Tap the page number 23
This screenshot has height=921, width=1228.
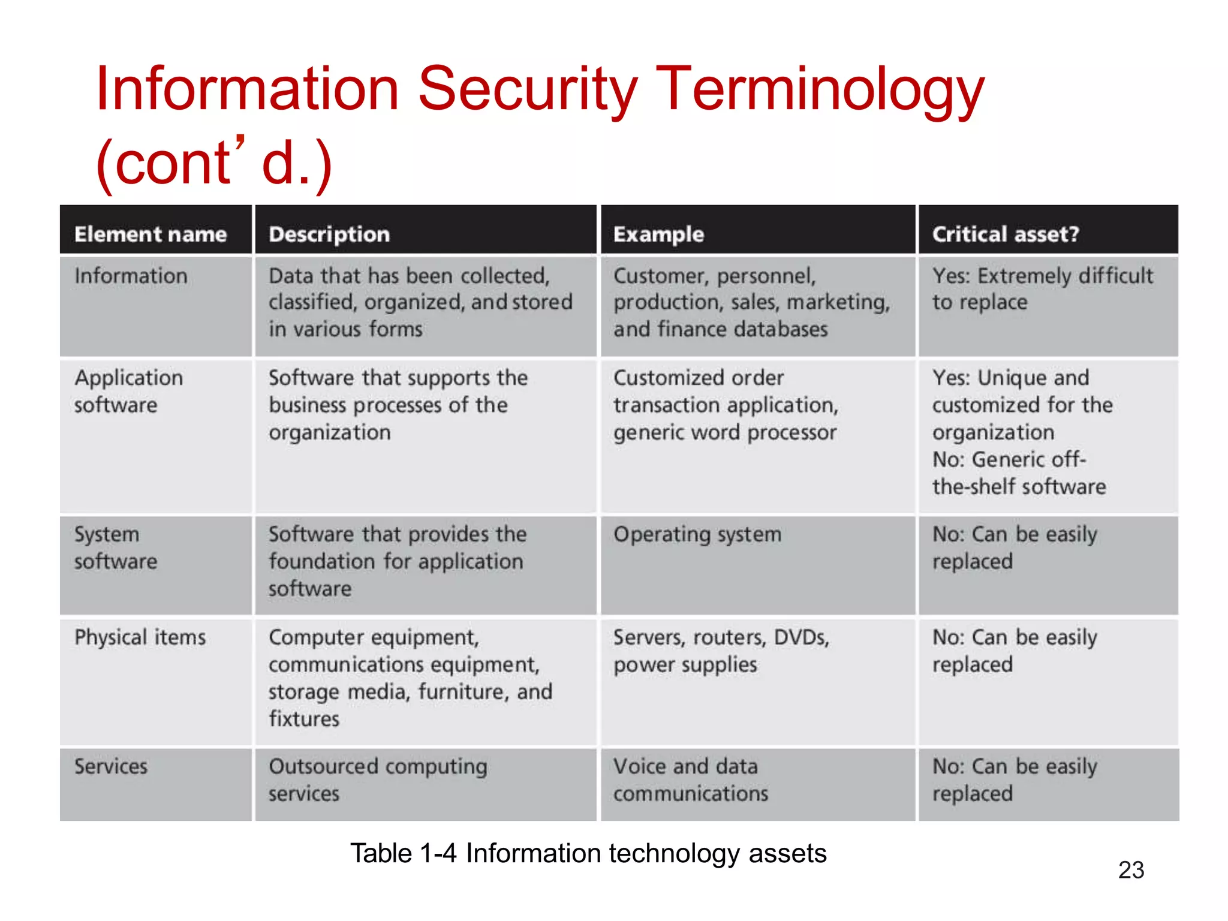pyautogui.click(x=1131, y=870)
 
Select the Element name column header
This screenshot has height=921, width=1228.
pyautogui.click(x=151, y=234)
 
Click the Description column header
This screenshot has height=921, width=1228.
pyautogui.click(x=329, y=234)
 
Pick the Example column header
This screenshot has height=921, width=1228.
pyautogui.click(x=658, y=234)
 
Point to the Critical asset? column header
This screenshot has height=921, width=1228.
pyautogui.click(x=1006, y=234)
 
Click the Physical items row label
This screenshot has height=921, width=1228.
pyautogui.click(x=140, y=637)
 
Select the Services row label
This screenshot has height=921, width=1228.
pyautogui.click(x=111, y=766)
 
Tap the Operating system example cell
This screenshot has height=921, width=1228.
pyautogui.click(x=697, y=534)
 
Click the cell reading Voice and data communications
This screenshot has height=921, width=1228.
pyautogui.click(x=691, y=779)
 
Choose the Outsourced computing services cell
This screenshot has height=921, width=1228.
pyautogui.click(x=378, y=779)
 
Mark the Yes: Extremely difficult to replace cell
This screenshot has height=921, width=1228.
pyautogui.click(x=1042, y=289)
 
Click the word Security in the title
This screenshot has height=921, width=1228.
pyautogui.click(x=528, y=90)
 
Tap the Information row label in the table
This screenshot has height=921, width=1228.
pyautogui.click(x=131, y=276)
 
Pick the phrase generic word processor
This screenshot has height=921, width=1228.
pyautogui.click(x=724, y=432)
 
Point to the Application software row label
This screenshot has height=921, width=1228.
pyautogui.click(x=128, y=391)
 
